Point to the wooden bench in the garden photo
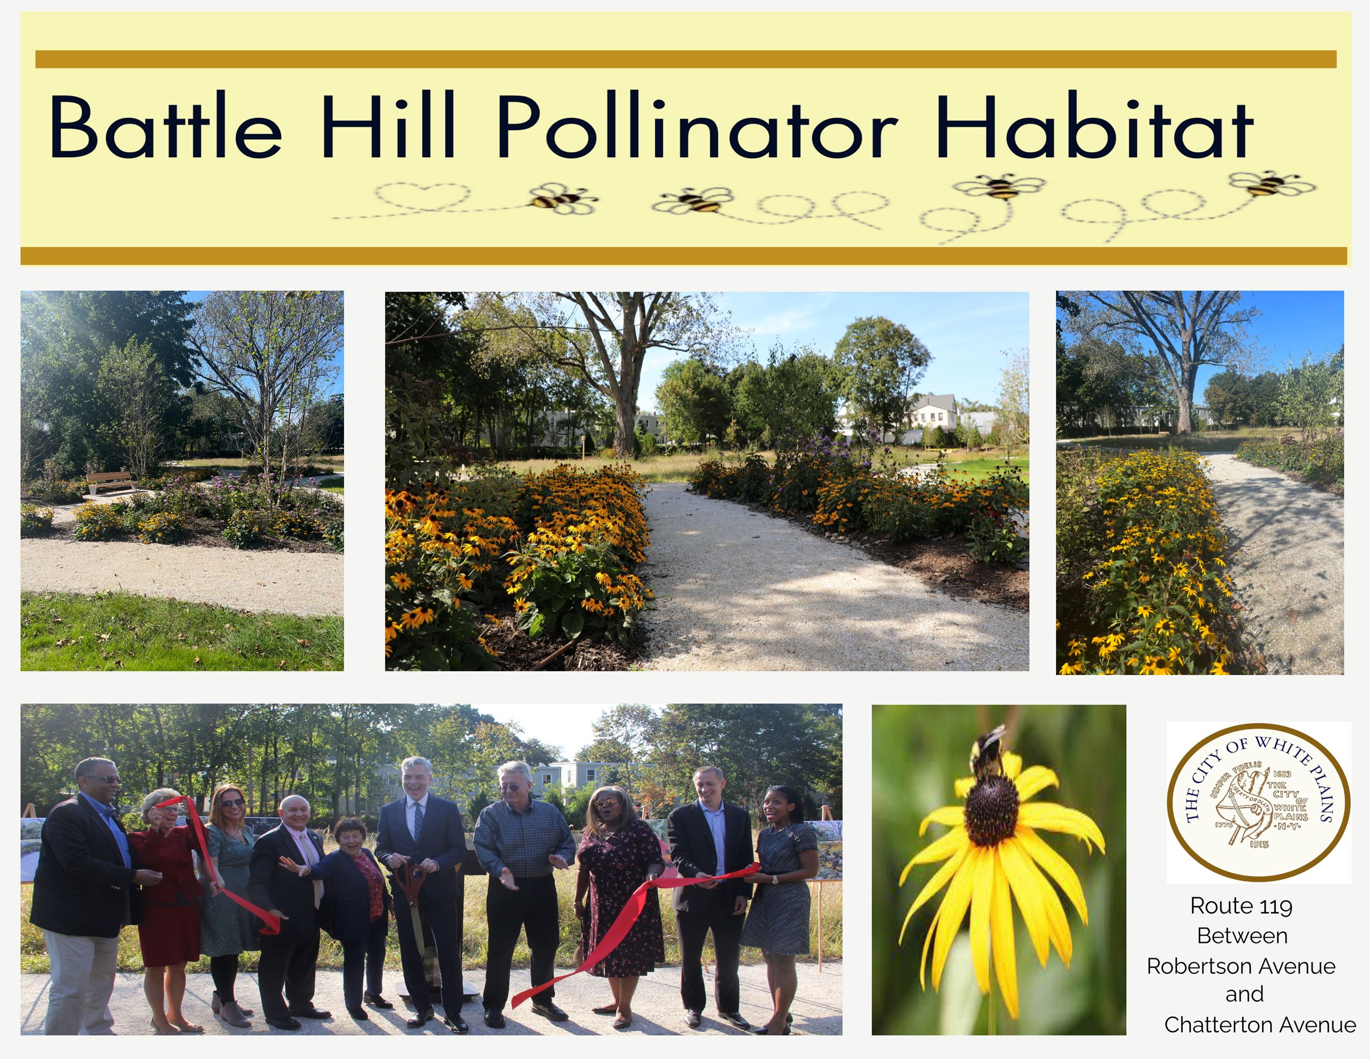click(111, 482)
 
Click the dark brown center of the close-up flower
click(991, 809)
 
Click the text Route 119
click(1241, 906)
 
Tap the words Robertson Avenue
click(1241, 966)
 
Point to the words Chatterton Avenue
click(1259, 1025)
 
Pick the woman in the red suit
click(166, 891)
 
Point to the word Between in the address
click(1242, 936)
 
